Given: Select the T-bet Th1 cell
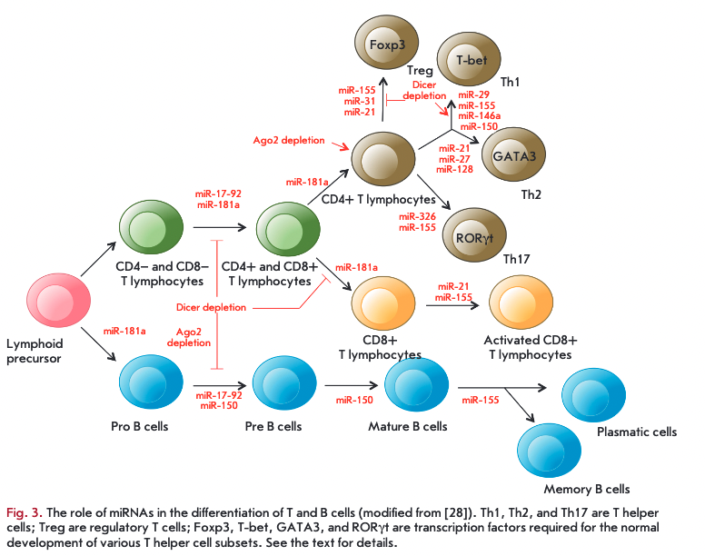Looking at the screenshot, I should pyautogui.click(x=470, y=62).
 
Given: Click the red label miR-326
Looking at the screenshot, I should pyautogui.click(x=418, y=216).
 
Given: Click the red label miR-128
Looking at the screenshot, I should pyautogui.click(x=454, y=169).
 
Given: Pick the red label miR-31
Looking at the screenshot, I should pyautogui.click(x=354, y=101).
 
